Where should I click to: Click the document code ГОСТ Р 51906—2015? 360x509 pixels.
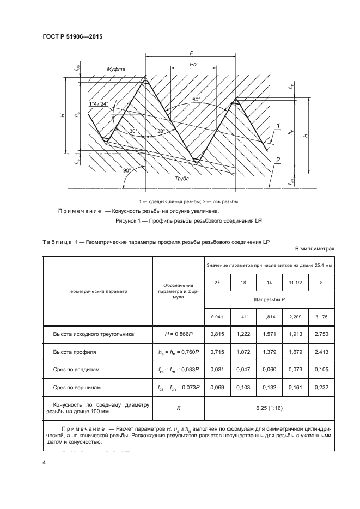click(72, 36)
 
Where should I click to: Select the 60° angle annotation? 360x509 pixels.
click(196, 100)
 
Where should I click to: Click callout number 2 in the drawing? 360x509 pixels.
click(278, 158)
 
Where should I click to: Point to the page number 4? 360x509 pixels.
click(43, 462)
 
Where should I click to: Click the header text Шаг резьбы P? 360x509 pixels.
click(267, 299)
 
